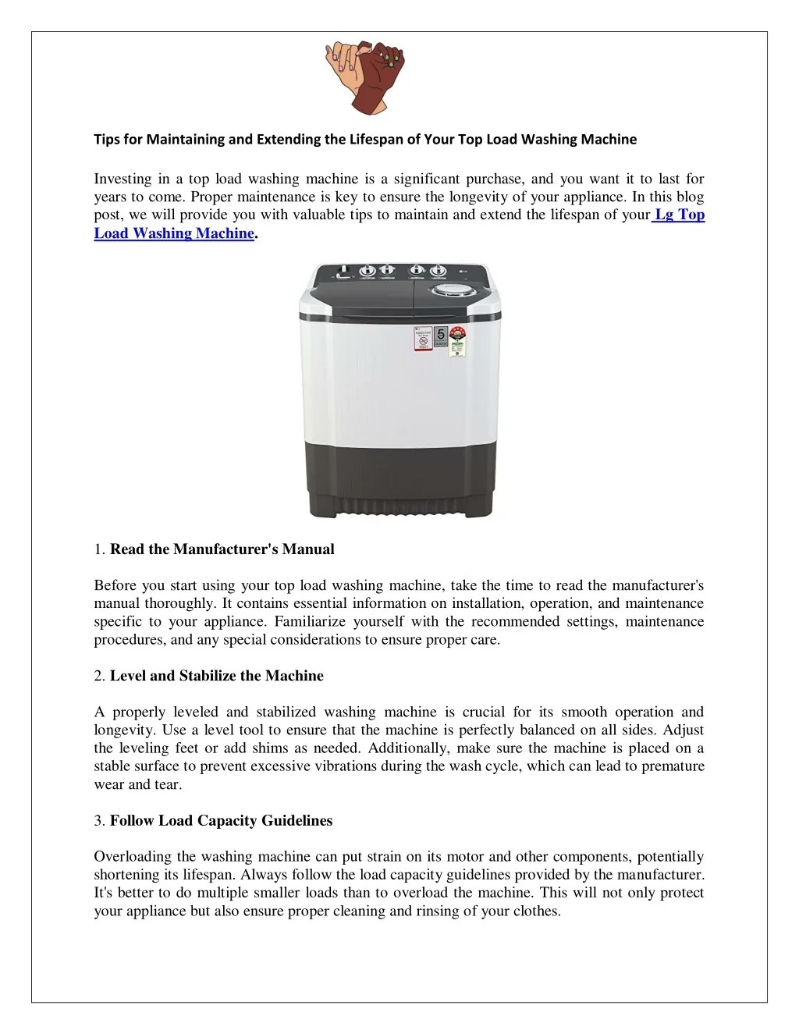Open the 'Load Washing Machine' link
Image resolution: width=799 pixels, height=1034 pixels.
[x=174, y=233]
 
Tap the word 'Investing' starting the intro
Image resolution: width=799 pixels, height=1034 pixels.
[x=123, y=179]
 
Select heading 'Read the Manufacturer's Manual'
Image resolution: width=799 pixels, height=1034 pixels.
[x=222, y=549]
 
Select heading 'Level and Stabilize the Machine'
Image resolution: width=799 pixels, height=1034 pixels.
[x=216, y=676]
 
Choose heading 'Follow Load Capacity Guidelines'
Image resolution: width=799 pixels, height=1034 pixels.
[x=221, y=821]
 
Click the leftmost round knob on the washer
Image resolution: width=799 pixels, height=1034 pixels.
[x=368, y=272]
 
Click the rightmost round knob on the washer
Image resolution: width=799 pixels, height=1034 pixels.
[x=438, y=272]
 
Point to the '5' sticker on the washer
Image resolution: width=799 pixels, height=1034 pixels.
[x=442, y=335]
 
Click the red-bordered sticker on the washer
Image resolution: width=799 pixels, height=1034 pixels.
[x=422, y=339]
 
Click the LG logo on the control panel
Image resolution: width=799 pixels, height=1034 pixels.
[x=466, y=272]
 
